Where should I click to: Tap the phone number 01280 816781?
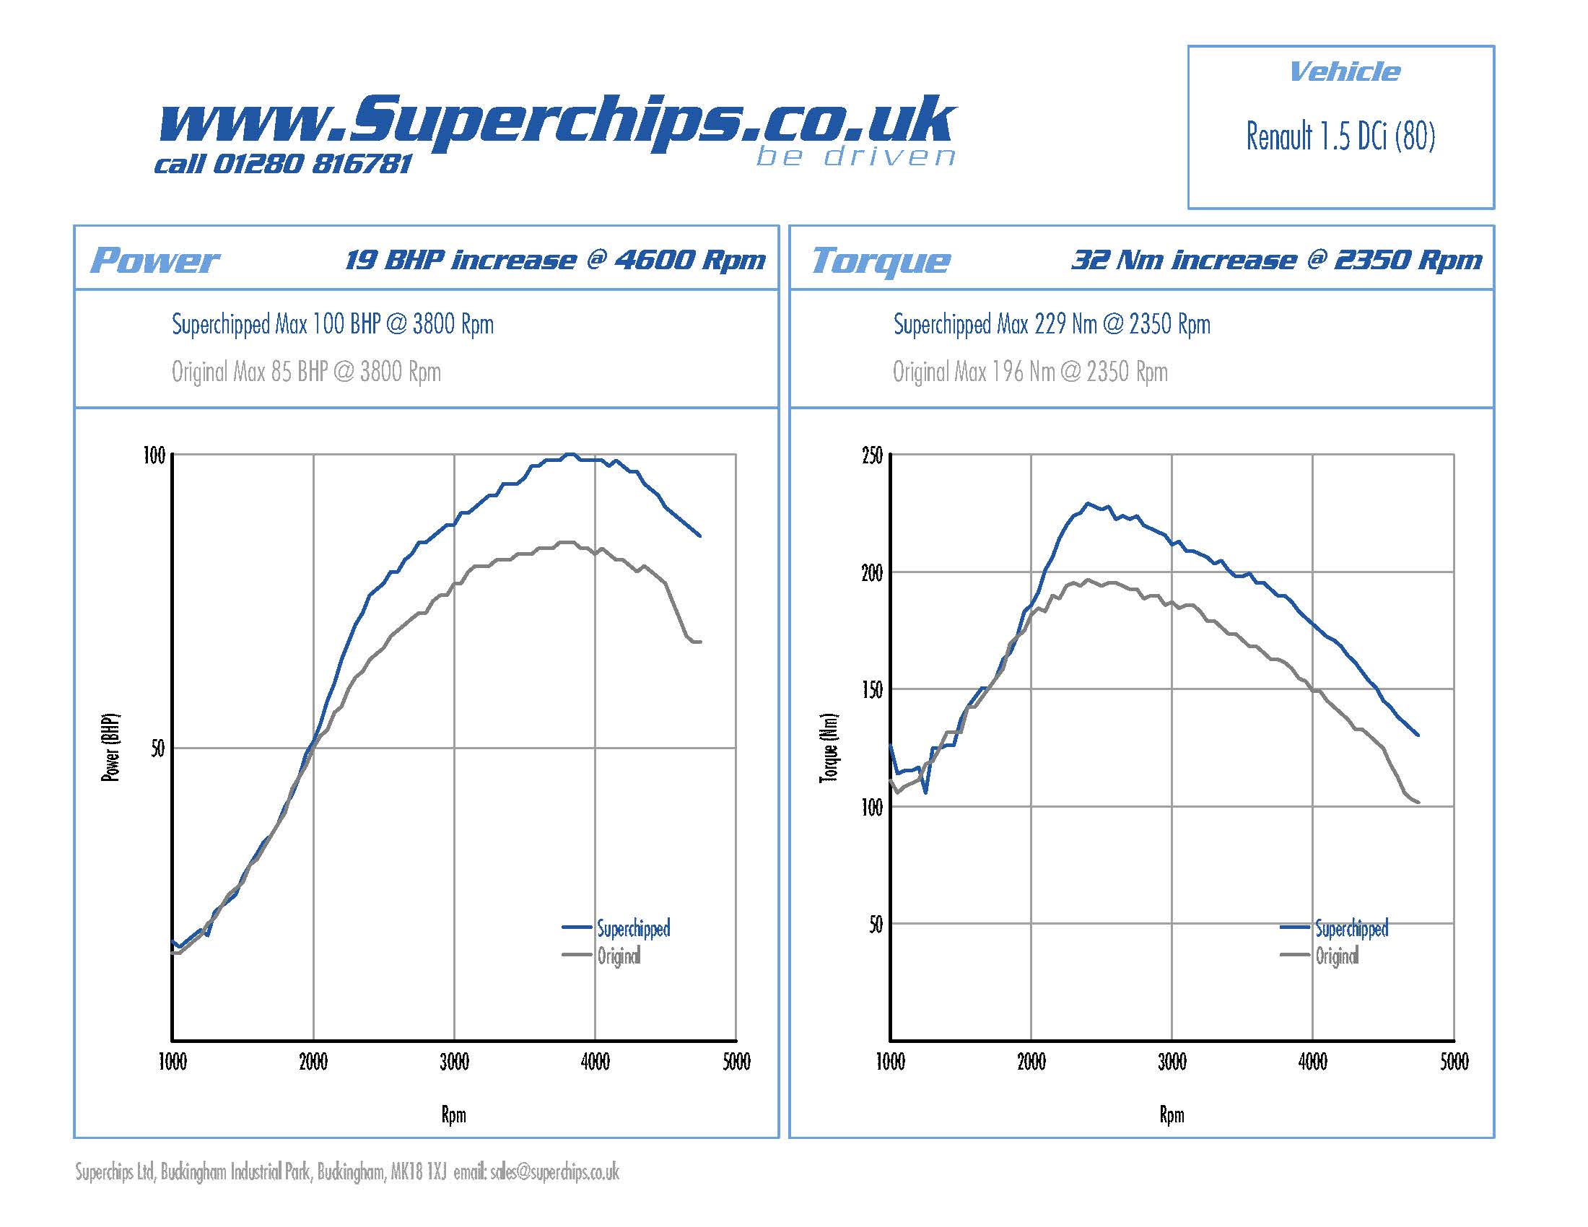[x=313, y=165]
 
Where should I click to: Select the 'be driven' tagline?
[x=855, y=157]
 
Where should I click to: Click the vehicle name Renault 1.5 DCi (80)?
[x=1340, y=136]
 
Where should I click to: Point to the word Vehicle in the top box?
[x=1344, y=72]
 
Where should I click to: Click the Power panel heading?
[x=154, y=261]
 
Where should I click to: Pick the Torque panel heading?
[x=880, y=261]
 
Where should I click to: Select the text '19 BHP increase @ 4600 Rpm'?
[x=555, y=260]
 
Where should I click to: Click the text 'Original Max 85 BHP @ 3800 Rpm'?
[x=306, y=372]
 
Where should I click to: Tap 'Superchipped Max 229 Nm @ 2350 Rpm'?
[x=1052, y=324]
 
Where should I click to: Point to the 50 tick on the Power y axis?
[x=158, y=748]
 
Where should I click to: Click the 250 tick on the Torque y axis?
[x=872, y=455]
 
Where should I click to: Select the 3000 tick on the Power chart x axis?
[x=454, y=1062]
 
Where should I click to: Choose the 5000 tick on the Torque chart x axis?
[x=1454, y=1062]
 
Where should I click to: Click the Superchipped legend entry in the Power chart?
[x=632, y=928]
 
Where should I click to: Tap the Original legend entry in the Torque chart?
[x=1336, y=956]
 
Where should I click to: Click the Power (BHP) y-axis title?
[x=110, y=747]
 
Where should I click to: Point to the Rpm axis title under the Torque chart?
[x=1172, y=1114]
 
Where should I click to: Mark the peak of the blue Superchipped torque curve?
[x=1088, y=503]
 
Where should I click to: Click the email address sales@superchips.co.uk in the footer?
[x=554, y=1171]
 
